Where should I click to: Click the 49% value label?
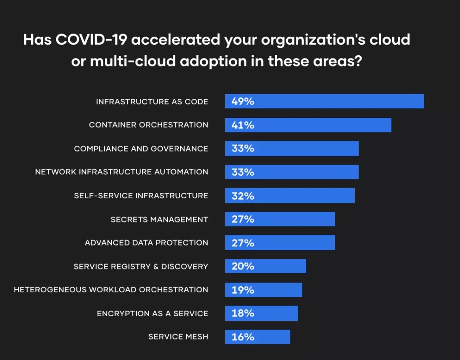(243, 101)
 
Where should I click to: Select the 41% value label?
(243, 125)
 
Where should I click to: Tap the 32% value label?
(243, 196)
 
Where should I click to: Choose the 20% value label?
(243, 266)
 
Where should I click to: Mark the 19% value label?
(243, 290)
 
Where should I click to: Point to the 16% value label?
(243, 337)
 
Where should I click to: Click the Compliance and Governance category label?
(141, 149)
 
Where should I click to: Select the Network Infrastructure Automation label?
(122, 172)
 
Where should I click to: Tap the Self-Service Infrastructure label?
(141, 196)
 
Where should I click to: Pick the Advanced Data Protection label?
(147, 243)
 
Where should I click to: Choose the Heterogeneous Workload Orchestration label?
(111, 290)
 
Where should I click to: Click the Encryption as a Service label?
(152, 314)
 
